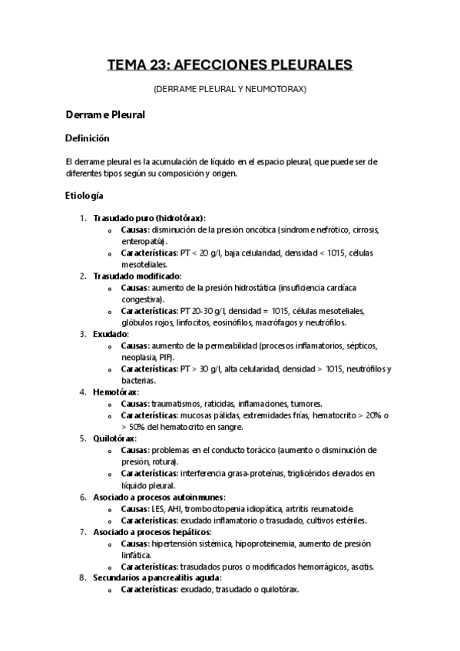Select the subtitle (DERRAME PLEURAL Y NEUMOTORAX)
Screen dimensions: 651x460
tap(230, 89)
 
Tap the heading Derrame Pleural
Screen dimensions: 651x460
tap(104, 114)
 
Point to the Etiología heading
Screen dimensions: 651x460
tap(84, 196)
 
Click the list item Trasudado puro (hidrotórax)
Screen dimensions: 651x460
tap(149, 218)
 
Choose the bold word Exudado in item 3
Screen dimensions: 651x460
tap(111, 334)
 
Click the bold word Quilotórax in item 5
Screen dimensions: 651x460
tap(114, 438)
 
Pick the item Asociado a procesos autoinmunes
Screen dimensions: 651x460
tap(159, 497)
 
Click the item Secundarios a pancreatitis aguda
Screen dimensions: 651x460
tap(157, 577)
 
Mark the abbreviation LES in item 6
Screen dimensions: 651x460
tap(158, 508)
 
